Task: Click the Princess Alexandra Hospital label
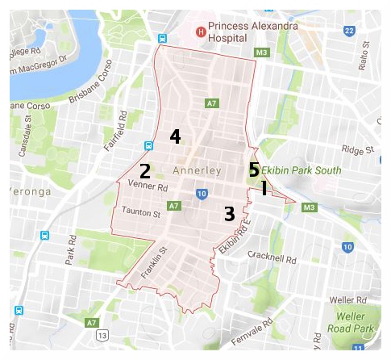(252, 31)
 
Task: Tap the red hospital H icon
(202, 31)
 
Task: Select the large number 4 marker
(175, 136)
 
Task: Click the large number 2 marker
(145, 171)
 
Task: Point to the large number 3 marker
(230, 214)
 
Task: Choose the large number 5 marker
(253, 170)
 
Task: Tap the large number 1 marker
(264, 188)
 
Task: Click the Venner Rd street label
(147, 187)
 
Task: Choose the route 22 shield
(348, 31)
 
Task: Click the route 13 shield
(102, 334)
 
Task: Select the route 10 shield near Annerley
(202, 194)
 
